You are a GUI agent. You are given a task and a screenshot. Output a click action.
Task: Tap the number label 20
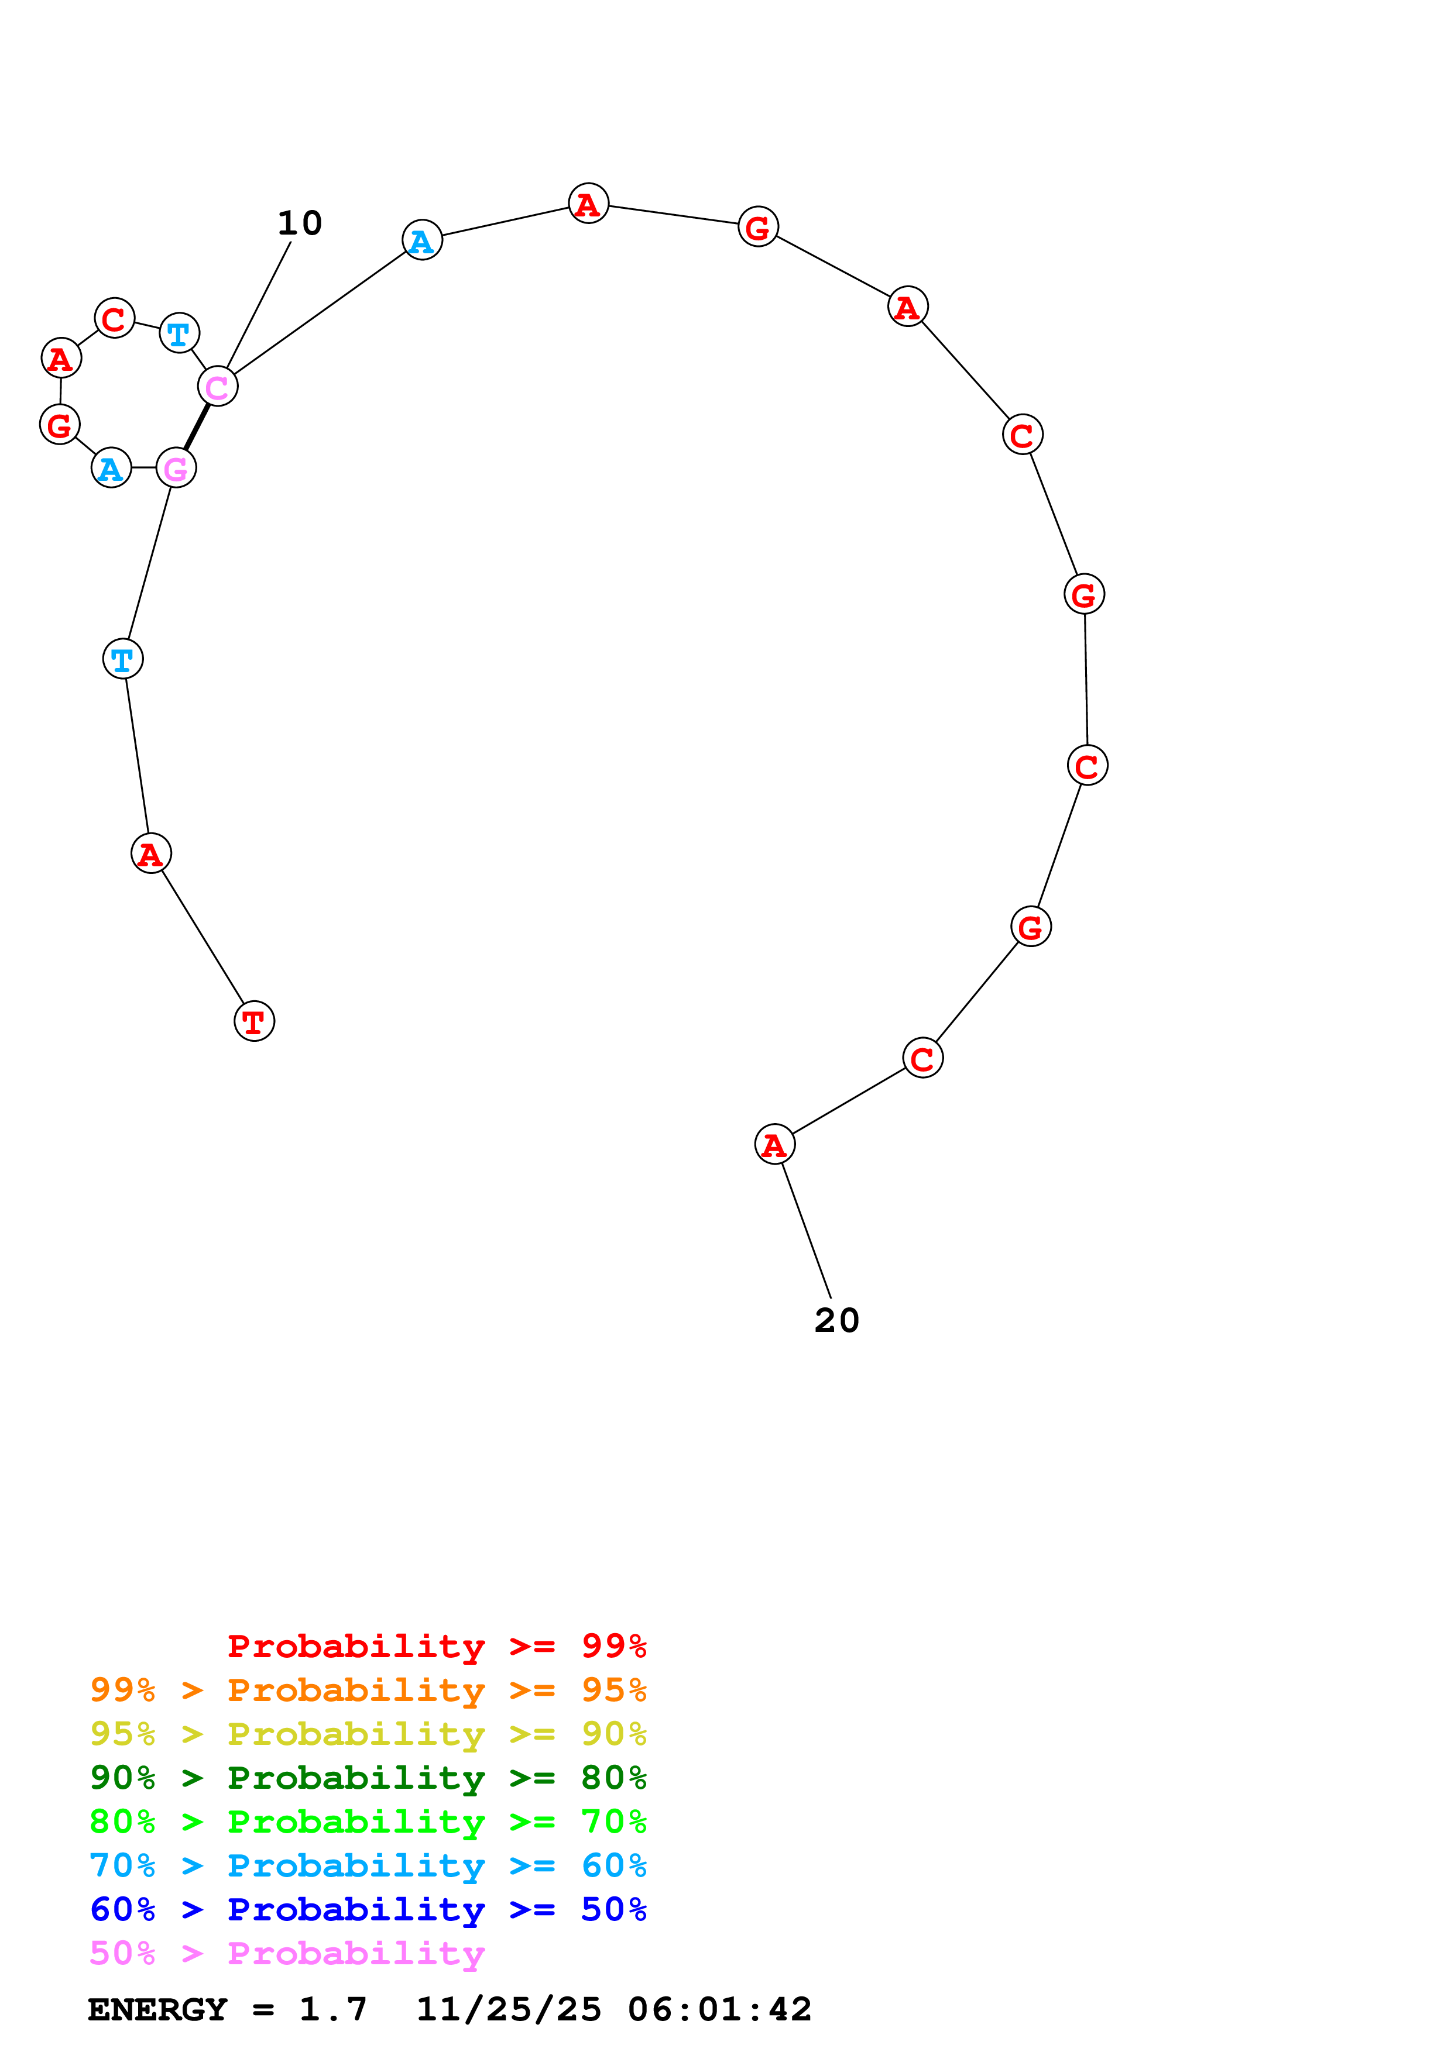point(837,1320)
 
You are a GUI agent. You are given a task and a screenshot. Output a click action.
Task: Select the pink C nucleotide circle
point(217,386)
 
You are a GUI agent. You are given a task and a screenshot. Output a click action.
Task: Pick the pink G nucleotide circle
point(176,467)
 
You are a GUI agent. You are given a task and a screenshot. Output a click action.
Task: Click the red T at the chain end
point(254,1021)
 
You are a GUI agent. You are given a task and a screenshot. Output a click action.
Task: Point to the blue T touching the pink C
point(179,333)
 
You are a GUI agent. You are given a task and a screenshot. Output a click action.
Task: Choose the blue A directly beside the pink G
point(111,467)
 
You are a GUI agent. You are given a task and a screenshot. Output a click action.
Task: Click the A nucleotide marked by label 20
point(774,1144)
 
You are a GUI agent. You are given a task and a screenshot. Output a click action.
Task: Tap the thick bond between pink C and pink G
point(197,426)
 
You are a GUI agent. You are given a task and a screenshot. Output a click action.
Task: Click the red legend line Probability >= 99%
point(436,1645)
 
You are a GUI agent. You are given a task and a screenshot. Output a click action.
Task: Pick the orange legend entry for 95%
point(368,1689)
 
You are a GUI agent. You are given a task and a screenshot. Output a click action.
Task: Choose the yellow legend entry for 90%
point(368,1733)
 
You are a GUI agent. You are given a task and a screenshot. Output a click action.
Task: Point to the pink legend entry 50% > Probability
point(287,1952)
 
